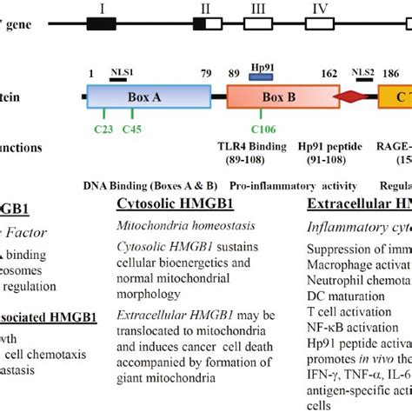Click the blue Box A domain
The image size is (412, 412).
149,96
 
